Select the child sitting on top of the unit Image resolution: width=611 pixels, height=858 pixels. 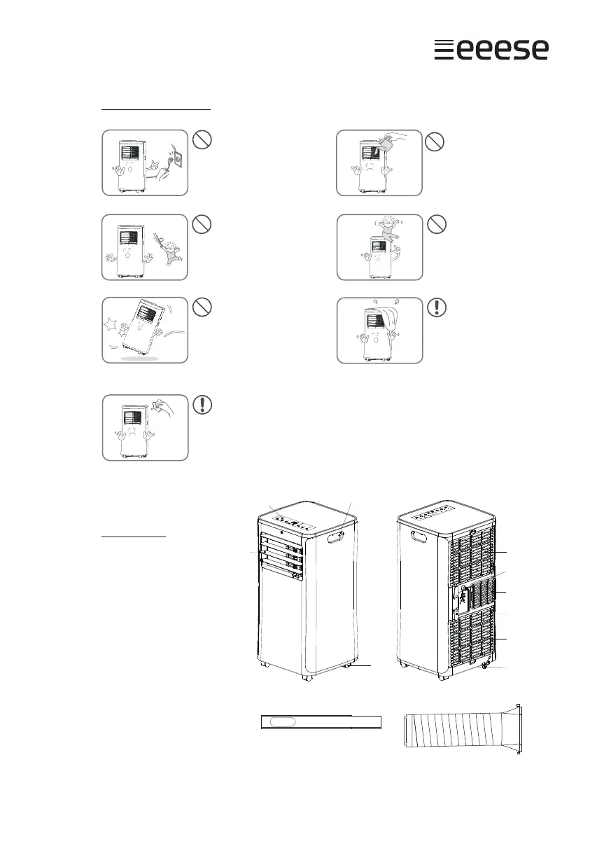(x=382, y=233)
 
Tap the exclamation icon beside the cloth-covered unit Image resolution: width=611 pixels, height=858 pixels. (x=435, y=307)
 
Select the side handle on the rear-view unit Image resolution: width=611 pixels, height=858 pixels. (x=420, y=539)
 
